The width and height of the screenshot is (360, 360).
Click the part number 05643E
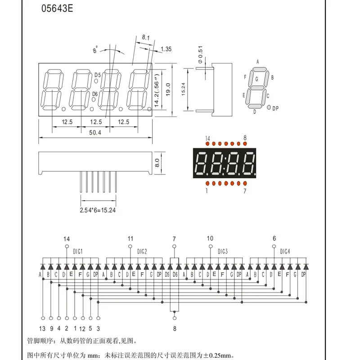click(57, 9)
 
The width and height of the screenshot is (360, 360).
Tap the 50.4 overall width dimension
click(95, 132)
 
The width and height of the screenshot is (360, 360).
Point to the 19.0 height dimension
click(168, 90)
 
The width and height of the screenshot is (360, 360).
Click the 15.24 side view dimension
click(183, 89)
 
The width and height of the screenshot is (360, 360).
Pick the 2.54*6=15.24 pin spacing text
click(98, 210)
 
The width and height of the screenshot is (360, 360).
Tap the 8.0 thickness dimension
click(157, 163)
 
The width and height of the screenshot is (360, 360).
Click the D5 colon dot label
click(98, 75)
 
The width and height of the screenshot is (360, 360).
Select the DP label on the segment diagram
click(275, 108)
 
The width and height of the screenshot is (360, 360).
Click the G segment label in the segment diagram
click(256, 79)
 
